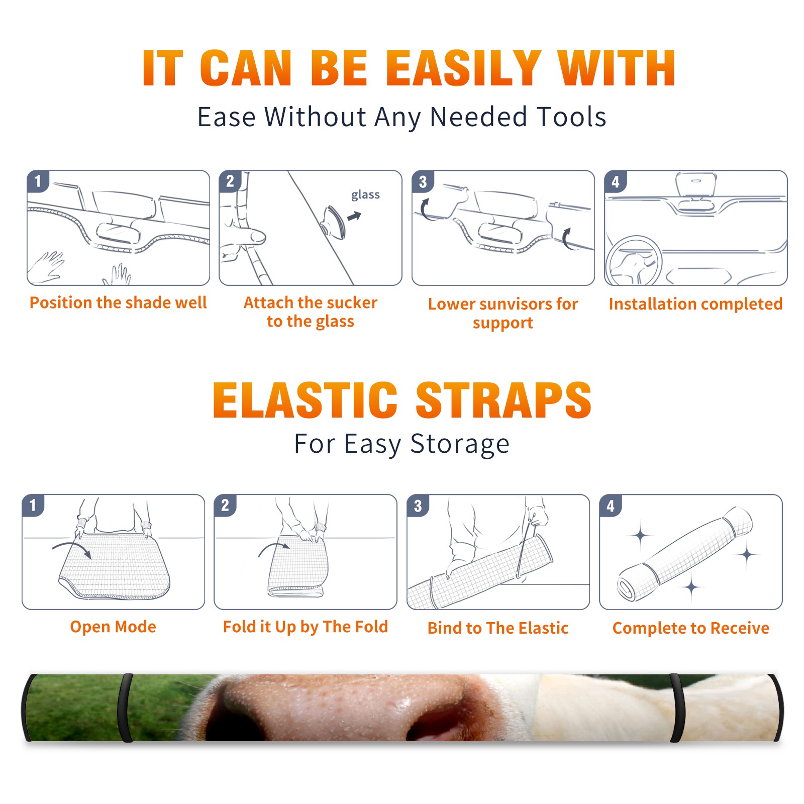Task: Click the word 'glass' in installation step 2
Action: [x=365, y=195]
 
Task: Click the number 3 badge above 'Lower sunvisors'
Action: [x=423, y=181]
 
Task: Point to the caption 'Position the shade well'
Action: [x=118, y=303]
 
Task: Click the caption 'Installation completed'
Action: [x=695, y=304]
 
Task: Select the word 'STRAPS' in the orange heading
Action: [x=504, y=399]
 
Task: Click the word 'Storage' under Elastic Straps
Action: [x=460, y=444]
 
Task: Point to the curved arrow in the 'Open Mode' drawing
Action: [x=72, y=548]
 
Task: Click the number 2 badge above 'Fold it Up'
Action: [x=225, y=505]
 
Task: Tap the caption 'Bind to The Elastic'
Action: [x=497, y=628]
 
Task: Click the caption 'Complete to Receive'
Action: [x=690, y=628]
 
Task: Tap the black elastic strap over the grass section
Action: [x=125, y=708]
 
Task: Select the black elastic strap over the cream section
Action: [x=677, y=708]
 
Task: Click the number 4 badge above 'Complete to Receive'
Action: [x=611, y=505]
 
